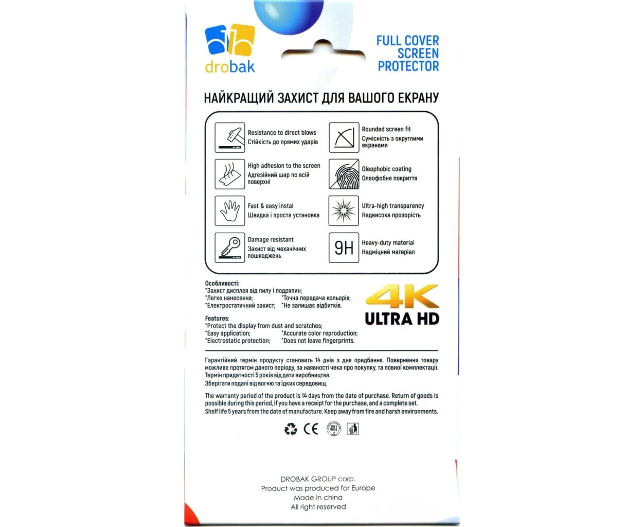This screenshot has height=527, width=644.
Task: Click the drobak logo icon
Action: coord(230,40)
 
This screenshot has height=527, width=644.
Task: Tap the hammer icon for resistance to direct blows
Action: coord(229,137)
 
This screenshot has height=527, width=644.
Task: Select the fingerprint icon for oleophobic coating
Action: coord(344,174)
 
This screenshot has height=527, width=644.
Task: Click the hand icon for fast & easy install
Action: coord(229,210)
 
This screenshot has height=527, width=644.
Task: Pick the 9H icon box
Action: coord(344,248)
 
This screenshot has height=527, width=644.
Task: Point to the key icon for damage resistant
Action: coord(229,248)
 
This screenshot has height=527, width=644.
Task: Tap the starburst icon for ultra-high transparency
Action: coord(344,210)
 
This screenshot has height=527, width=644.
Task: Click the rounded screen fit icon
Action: coord(344,137)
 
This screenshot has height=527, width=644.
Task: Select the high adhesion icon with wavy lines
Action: coord(229,174)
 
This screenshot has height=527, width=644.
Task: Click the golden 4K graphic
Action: coord(402,297)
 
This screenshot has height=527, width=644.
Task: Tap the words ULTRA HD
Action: coord(402,319)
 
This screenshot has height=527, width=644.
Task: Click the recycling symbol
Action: coord(291,429)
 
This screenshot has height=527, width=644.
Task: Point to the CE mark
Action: coord(311,429)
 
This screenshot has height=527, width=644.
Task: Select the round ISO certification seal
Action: coord(333,429)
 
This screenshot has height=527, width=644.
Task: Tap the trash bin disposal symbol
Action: coord(353,429)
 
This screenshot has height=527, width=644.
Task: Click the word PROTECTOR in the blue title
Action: coord(408,66)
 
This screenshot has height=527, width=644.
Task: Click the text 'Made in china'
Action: coord(318,498)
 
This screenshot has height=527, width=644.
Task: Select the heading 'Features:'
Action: coord(217,319)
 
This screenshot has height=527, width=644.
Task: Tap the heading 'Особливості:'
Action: coord(222,284)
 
